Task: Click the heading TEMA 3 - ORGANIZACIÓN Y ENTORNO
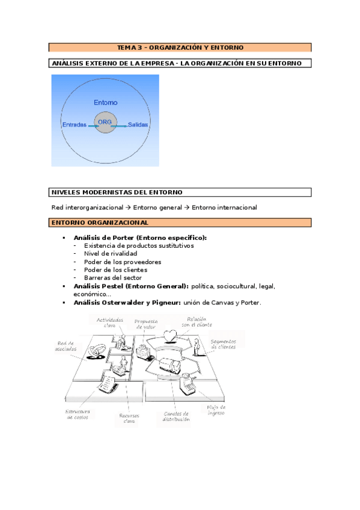tap(180, 47)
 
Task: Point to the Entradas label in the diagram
tap(75, 124)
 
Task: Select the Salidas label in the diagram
tap(138, 124)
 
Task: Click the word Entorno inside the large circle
tap(106, 102)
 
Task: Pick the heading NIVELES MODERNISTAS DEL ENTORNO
tap(117, 192)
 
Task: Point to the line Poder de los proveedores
tap(123, 262)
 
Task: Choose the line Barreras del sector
tap(113, 278)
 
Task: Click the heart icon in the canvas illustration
tap(171, 334)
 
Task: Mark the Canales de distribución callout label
tap(176, 416)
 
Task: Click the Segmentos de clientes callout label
tap(223, 344)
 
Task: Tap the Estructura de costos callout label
tap(78, 414)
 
